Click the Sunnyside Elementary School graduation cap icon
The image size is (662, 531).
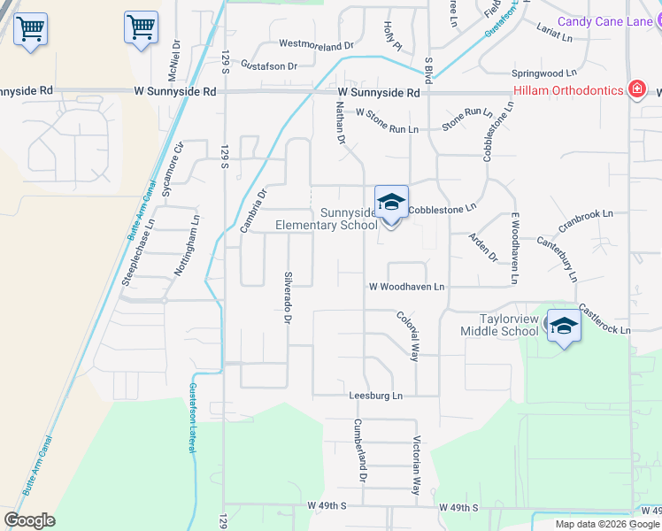click(x=391, y=204)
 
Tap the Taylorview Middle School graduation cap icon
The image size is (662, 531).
click(x=564, y=327)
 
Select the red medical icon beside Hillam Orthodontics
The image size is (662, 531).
click(x=635, y=89)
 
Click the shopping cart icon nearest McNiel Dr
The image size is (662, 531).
click(x=141, y=29)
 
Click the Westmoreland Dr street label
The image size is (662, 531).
click(x=316, y=43)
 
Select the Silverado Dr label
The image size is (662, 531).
click(x=287, y=296)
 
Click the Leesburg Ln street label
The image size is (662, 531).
click(x=375, y=395)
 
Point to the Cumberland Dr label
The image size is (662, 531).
click(x=360, y=450)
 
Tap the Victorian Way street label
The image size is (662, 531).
click(x=415, y=465)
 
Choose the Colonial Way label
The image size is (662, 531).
click(x=408, y=335)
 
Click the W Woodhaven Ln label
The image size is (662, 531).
click(x=406, y=287)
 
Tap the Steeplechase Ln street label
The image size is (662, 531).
click(x=138, y=251)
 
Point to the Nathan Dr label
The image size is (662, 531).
click(x=339, y=122)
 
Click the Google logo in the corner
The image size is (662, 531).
click(x=29, y=520)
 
